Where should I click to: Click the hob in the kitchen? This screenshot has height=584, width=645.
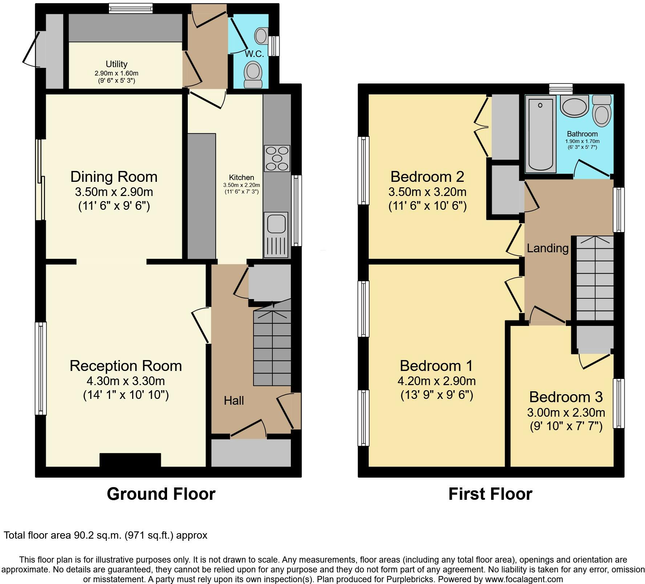(277, 158)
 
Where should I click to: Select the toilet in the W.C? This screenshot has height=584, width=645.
(253, 74)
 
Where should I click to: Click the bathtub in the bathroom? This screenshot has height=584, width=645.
(540, 134)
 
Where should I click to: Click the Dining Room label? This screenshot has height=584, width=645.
(114, 177)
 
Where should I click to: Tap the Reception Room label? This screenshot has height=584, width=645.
(126, 366)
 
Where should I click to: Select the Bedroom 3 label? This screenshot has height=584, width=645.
(566, 397)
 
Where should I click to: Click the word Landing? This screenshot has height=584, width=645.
(548, 249)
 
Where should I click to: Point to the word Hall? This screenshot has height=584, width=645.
(234, 401)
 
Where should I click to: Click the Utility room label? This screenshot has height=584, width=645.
(117, 64)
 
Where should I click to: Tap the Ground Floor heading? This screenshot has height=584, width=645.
(161, 494)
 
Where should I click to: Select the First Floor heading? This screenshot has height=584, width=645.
(490, 494)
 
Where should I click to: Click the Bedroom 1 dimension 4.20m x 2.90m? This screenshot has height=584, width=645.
(437, 381)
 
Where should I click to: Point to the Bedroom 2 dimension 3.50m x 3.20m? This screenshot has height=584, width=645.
(427, 192)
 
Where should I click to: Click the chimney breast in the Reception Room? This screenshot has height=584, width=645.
(130, 460)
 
